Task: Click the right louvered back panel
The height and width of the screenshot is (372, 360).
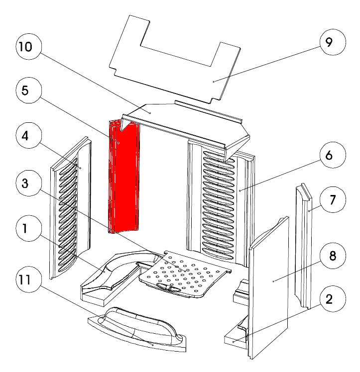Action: click(219, 199)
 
